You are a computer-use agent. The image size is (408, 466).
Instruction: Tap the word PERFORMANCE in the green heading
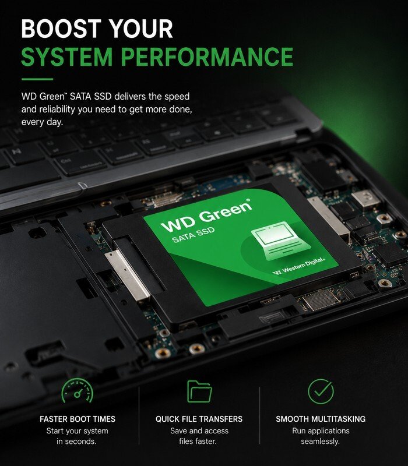207,57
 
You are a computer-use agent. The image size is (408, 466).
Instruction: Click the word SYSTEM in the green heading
67,57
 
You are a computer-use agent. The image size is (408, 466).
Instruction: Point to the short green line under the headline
37,79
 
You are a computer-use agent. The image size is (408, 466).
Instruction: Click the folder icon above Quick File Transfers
199,391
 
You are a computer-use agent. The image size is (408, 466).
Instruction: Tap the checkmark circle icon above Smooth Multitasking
321,391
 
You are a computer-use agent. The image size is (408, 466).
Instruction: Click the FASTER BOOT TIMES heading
78,419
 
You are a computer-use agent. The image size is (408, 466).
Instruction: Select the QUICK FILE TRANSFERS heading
199,419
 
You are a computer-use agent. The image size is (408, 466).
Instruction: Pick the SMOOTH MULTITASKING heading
321,419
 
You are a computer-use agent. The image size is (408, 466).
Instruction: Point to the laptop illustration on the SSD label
280,241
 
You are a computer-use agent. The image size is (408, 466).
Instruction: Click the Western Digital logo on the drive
299,266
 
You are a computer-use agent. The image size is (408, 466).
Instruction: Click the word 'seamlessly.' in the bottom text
320,442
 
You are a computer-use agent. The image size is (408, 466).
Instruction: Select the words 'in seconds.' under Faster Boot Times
76,442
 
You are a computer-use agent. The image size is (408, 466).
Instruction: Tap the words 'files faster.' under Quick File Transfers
198,442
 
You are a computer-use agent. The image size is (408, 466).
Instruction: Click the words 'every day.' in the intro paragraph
42,122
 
